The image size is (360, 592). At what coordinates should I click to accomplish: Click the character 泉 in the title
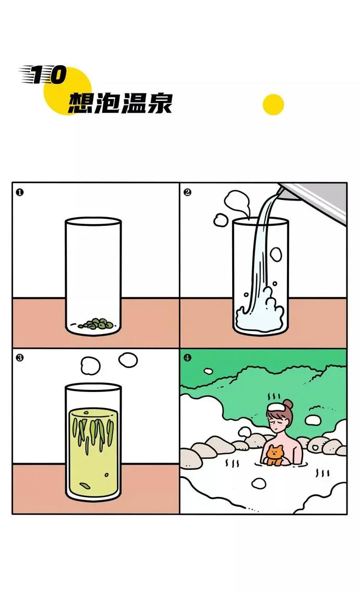pyautogui.click(x=160, y=103)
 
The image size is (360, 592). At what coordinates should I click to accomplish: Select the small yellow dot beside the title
pyautogui.click(x=273, y=104)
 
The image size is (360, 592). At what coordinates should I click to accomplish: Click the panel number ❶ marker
pyautogui.click(x=20, y=193)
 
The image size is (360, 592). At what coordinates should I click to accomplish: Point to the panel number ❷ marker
pyautogui.click(x=187, y=193)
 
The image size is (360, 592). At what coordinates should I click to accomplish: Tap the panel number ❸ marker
pyautogui.click(x=20, y=358)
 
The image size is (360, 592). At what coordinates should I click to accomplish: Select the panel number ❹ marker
pyautogui.click(x=187, y=358)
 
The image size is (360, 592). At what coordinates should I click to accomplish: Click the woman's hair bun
pyautogui.click(x=289, y=404)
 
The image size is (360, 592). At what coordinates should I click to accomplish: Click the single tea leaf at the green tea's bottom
pyautogui.click(x=85, y=485)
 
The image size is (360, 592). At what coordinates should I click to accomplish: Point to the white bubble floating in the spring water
pyautogui.click(x=259, y=483)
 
